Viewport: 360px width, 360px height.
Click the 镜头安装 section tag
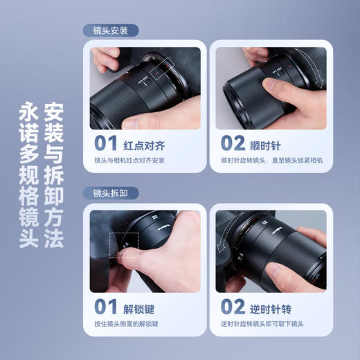111,31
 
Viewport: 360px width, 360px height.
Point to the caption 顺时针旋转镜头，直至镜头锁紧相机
271,161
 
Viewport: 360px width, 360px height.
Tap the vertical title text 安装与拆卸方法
54,176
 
